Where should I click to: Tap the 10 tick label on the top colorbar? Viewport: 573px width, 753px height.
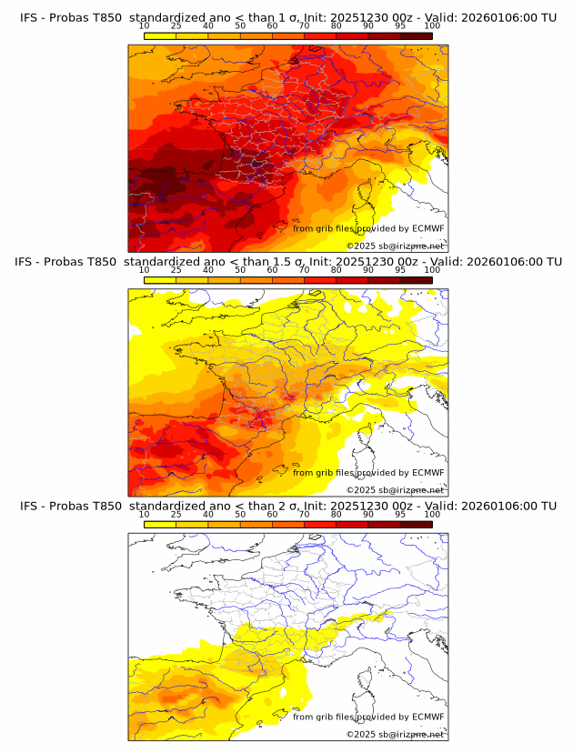point(145,25)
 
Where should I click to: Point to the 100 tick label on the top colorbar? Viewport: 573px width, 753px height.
point(432,25)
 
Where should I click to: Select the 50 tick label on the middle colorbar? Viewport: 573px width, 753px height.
point(240,270)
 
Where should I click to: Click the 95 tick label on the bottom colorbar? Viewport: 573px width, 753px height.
point(400,514)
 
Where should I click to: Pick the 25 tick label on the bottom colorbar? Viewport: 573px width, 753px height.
point(176,514)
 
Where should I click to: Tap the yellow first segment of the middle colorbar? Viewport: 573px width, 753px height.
point(160,280)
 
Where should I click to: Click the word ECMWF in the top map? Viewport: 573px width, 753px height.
point(427,228)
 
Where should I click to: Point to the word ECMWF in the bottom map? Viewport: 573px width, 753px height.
point(427,717)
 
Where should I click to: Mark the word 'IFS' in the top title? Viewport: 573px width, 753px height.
point(29,17)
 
